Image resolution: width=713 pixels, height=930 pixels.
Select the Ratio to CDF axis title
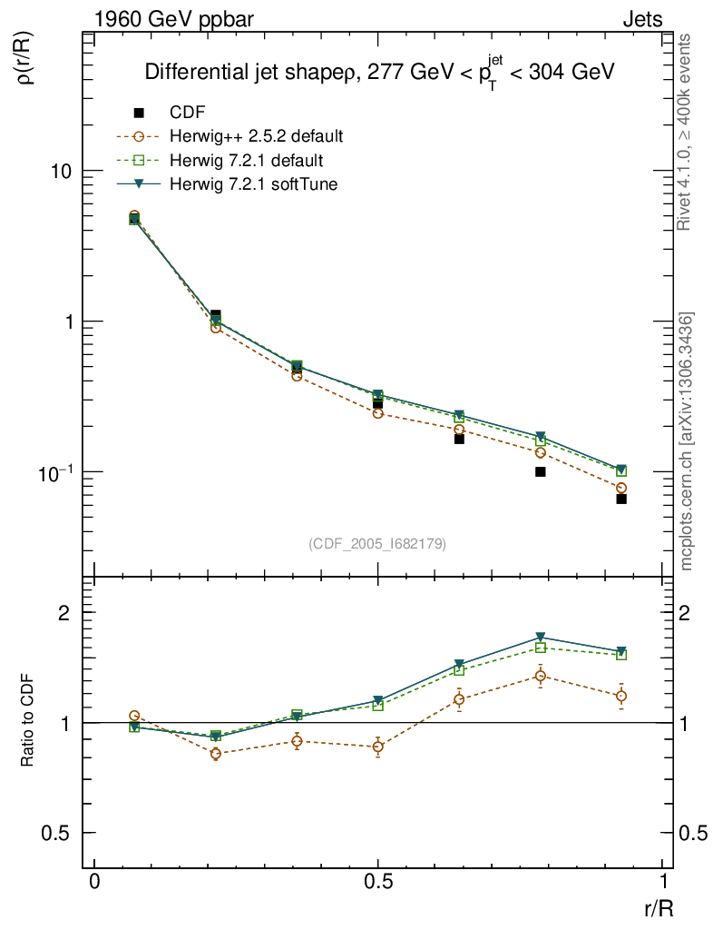[x=28, y=721]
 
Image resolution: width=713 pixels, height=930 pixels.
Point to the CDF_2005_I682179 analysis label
[x=377, y=543]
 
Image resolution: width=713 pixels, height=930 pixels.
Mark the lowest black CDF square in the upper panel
[x=621, y=499]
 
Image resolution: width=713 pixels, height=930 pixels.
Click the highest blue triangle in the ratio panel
[x=541, y=637]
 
